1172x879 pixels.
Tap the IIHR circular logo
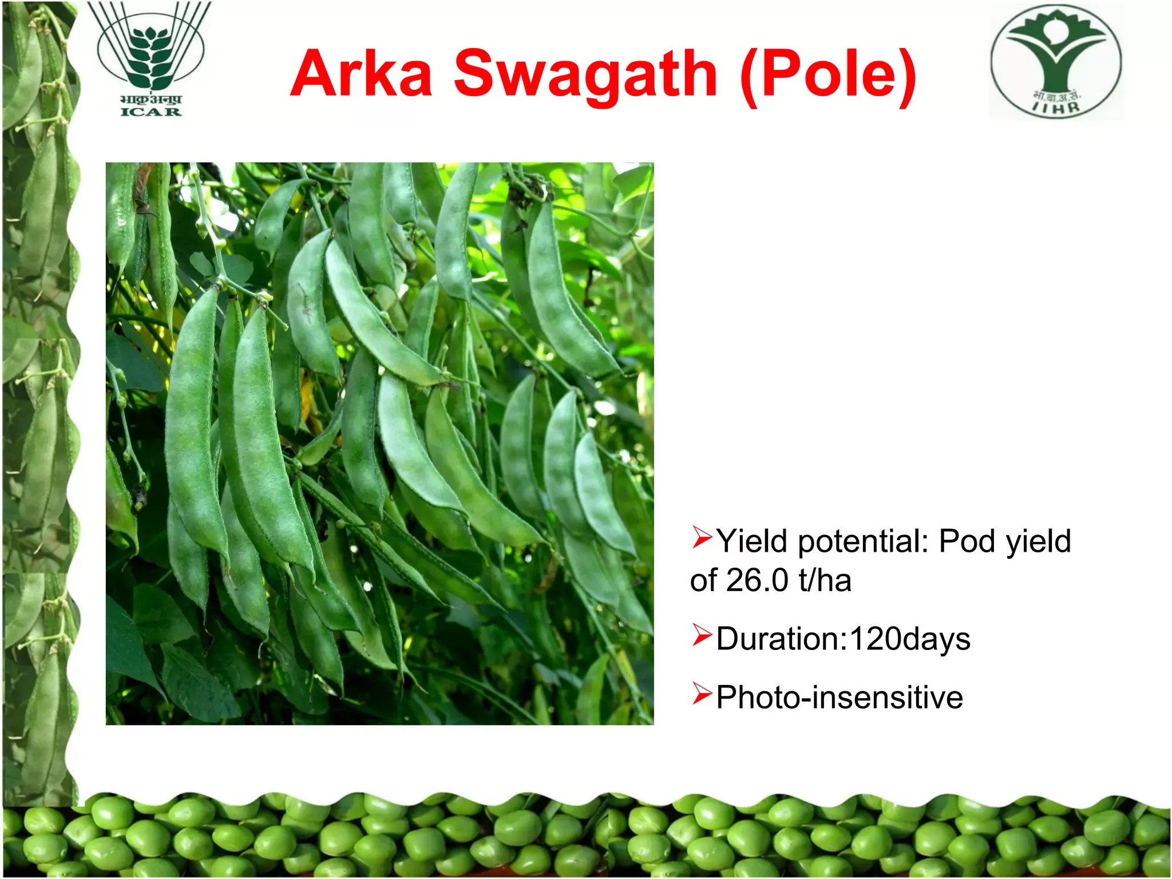point(1056,62)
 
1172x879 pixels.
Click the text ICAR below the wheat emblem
point(151,112)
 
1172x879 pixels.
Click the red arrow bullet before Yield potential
point(702,537)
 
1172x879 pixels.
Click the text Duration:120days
point(844,639)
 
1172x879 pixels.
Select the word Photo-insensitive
point(840,697)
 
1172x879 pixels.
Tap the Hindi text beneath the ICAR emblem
point(151,100)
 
